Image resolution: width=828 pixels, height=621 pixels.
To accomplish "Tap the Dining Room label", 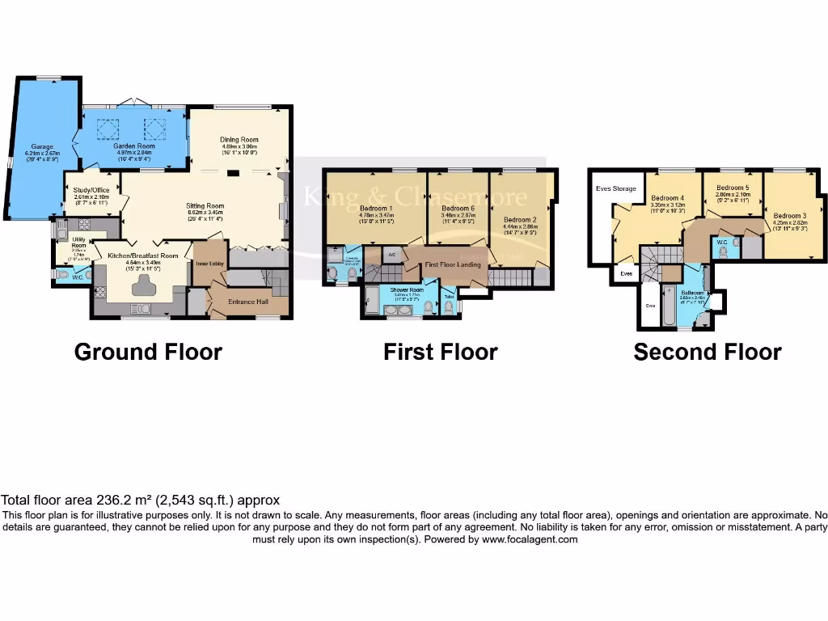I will (239, 140).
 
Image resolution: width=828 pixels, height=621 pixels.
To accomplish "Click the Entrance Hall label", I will (248, 302).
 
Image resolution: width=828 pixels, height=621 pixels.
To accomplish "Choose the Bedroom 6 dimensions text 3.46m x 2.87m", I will (458, 215).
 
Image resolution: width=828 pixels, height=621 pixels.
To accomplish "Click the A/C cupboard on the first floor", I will (391, 255).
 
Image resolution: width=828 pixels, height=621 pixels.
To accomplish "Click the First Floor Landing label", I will (453, 264).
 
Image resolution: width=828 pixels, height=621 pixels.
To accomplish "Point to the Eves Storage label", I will (616, 188).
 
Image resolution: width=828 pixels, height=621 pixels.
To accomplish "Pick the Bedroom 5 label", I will (732, 188).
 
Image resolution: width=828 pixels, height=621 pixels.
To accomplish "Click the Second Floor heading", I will (707, 352).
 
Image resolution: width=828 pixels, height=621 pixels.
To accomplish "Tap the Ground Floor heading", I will (148, 352).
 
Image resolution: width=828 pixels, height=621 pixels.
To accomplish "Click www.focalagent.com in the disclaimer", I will (530, 539).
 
